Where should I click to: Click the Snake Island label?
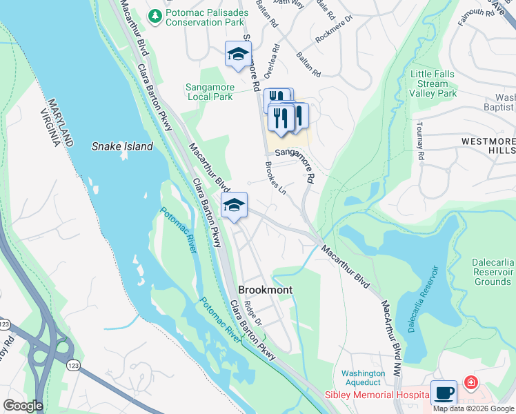pos(121,146)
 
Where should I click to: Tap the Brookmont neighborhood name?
pos(266,290)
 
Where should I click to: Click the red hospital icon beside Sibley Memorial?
pos(470,382)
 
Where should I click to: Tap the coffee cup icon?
pos(444,393)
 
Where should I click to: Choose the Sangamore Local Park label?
pos(210,92)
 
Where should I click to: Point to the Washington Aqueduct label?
pos(363,377)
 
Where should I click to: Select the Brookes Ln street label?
pos(275,179)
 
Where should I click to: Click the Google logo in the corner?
pos(23,406)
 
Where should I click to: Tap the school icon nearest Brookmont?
pos(235,205)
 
